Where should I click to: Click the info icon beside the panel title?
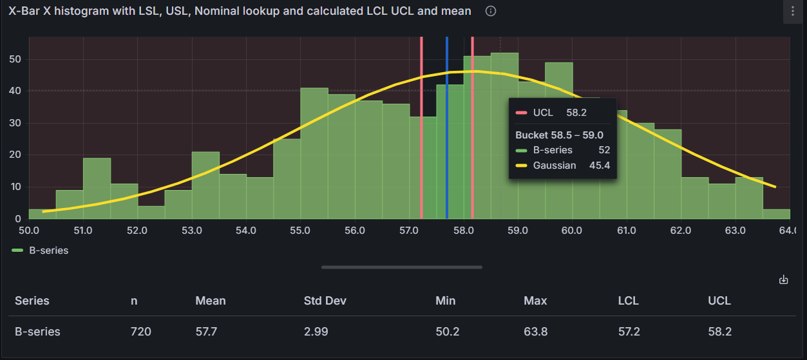pos(491,12)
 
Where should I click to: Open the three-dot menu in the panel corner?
pos(792,12)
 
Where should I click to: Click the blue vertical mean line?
pos(447,129)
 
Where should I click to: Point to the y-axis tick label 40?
pos(15,91)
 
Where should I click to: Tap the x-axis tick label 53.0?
pos(192,231)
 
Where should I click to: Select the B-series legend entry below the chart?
pos(41,251)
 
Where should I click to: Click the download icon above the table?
pos(783,279)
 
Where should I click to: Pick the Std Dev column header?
pos(326,301)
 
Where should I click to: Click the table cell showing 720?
pos(140,332)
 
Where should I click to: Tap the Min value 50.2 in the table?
pos(446,332)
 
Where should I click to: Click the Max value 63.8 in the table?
pos(535,332)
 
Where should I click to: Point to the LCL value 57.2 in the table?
pos(628,332)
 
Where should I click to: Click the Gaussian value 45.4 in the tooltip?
pos(599,166)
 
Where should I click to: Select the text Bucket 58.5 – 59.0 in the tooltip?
pos(559,135)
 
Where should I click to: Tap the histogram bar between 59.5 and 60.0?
pos(558,142)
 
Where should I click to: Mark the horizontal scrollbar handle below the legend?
pos(401,267)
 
